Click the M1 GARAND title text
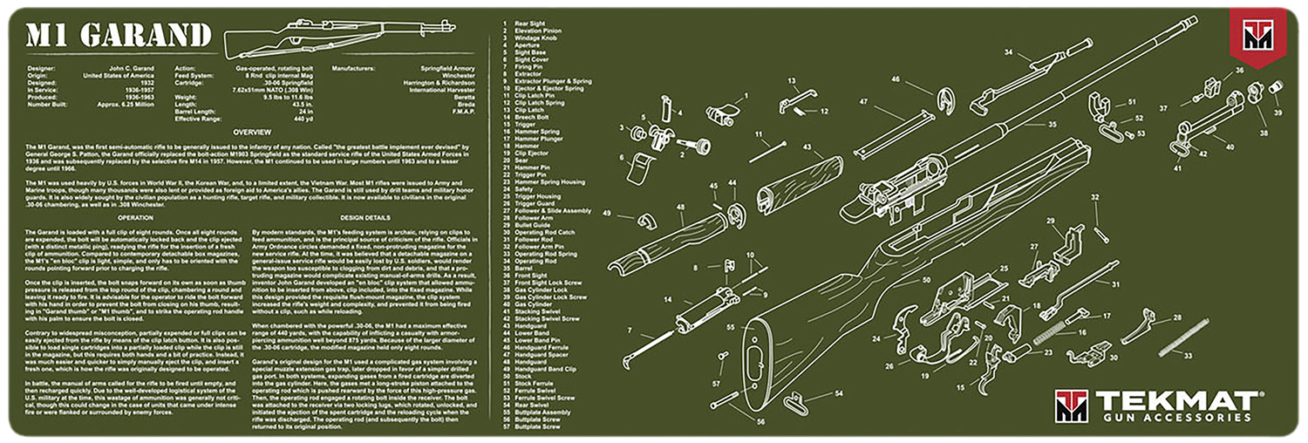click(x=118, y=36)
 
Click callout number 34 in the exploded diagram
click(x=1008, y=52)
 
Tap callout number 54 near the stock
click(x=838, y=394)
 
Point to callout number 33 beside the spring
click(x=1188, y=356)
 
